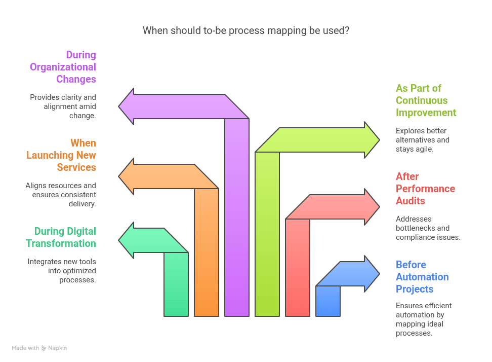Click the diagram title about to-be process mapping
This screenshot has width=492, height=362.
pos(245,30)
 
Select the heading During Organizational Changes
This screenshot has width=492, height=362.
pos(63,67)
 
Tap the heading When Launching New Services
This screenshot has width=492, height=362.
pos(61,155)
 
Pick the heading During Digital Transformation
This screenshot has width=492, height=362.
pos(61,237)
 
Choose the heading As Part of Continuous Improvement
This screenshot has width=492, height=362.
pos(426,100)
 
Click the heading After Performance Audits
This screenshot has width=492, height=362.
pos(425,189)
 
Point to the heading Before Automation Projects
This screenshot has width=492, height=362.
pos(422,277)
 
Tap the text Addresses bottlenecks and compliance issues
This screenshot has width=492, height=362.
pos(428,228)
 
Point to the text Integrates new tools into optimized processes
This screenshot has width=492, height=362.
pos(62,271)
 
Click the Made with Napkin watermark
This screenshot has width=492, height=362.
pos(39,348)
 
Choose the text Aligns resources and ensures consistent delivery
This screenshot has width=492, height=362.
pos(61,195)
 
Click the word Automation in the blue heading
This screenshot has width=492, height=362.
pos(422,277)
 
